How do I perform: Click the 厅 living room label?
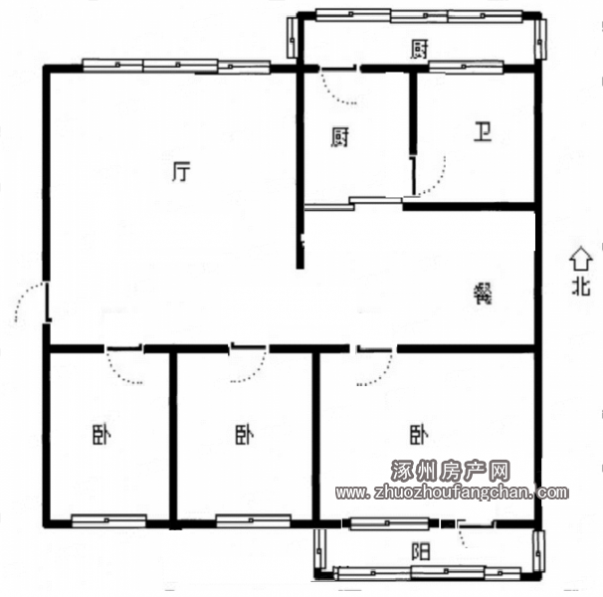pyautogui.click(x=181, y=172)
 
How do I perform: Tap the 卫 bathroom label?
pyautogui.click(x=483, y=132)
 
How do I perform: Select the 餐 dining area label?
pyautogui.click(x=483, y=294)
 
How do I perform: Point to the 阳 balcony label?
pyautogui.click(x=420, y=551)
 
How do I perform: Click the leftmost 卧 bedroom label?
pyautogui.click(x=101, y=435)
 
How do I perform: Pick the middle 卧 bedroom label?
pyautogui.click(x=245, y=435)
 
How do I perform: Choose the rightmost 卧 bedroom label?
pyautogui.click(x=419, y=435)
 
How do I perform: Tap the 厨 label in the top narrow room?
pyautogui.click(x=419, y=49)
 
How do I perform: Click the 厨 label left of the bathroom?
pyautogui.click(x=340, y=137)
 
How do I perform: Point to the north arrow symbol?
pyautogui.click(x=581, y=258)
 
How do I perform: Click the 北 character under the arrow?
pyautogui.click(x=581, y=287)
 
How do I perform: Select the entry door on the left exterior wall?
pyautogui.click(x=32, y=302)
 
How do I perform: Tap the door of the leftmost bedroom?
pyautogui.click(x=123, y=364)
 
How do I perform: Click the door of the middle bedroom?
pyautogui.click(x=248, y=363)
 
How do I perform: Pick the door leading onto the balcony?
pyautogui.click(x=476, y=533)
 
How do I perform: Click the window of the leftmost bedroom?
pyautogui.click(x=108, y=520)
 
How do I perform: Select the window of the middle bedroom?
pyautogui.click(x=253, y=520)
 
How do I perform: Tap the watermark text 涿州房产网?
pyautogui.click(x=451, y=471)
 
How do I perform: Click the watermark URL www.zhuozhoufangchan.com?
pyautogui.click(x=452, y=492)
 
